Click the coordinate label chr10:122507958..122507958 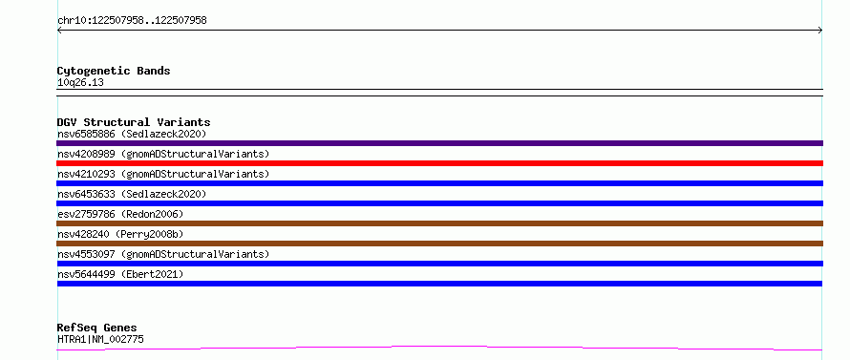tap(132, 21)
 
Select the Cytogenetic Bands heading tap(114, 71)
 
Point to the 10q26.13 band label tap(80, 83)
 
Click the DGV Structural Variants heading tap(134, 122)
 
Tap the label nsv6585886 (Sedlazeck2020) tap(132, 134)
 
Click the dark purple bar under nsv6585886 tap(439, 143)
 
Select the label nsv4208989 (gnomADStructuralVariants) tap(163, 154)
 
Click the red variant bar tap(439, 163)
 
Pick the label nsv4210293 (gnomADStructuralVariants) tap(163, 174)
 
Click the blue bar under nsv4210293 tap(439, 183)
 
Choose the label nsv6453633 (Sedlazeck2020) tap(132, 194)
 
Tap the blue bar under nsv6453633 tap(439, 203)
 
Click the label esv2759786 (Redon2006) tap(120, 214)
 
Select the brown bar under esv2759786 tap(439, 223)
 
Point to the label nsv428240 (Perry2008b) tap(120, 234)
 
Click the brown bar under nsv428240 tap(439, 244)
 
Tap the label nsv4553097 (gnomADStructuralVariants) tap(163, 254)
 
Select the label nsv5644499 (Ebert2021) tap(120, 274)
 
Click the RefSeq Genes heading tap(96, 328)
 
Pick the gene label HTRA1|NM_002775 tap(100, 340)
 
